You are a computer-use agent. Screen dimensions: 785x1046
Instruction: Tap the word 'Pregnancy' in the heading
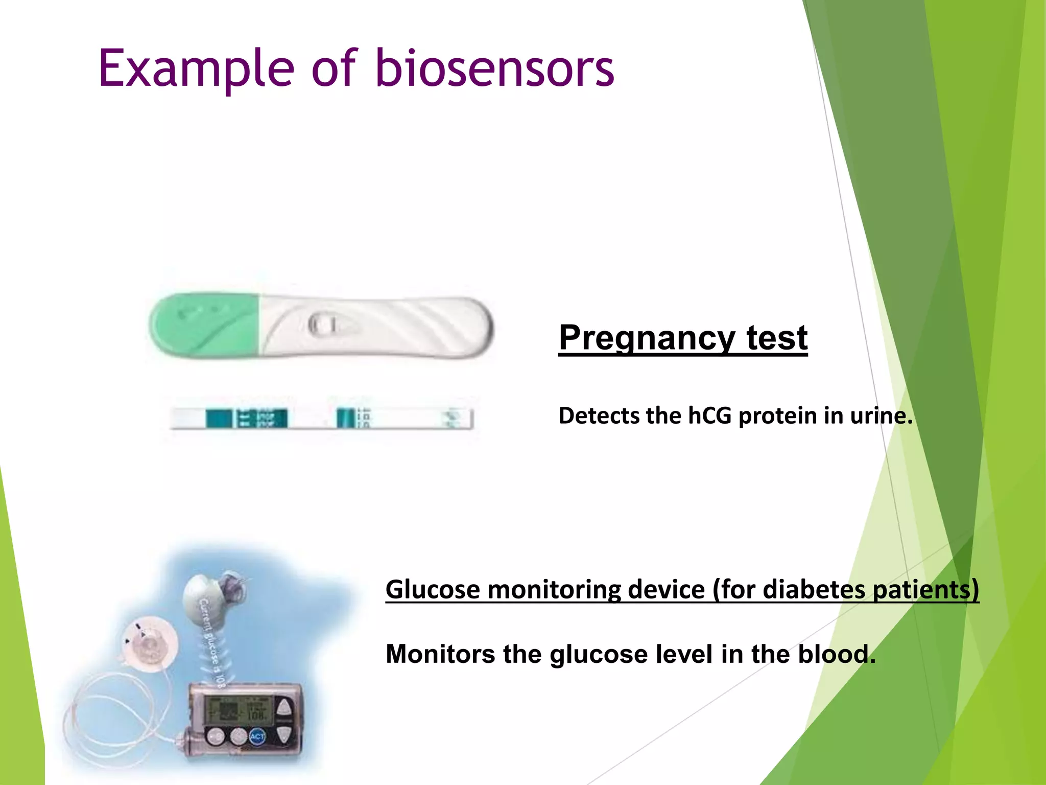[647, 338]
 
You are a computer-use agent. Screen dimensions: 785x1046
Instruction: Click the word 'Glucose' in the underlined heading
[433, 589]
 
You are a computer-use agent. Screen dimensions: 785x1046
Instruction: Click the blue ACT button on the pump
[257, 736]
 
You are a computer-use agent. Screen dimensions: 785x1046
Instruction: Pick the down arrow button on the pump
[284, 735]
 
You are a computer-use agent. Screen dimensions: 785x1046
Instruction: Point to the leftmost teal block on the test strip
[219, 418]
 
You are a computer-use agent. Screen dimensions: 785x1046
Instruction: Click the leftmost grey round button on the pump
[215, 736]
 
